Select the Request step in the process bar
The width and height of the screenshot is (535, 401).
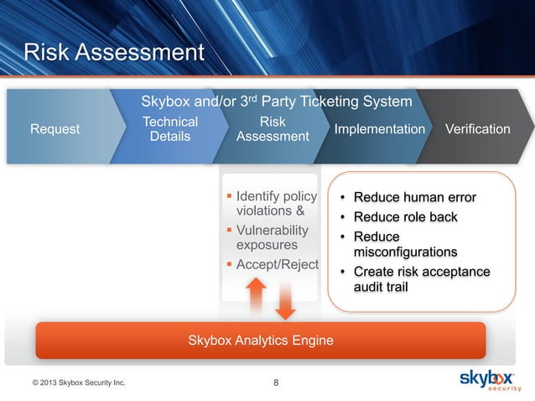click(x=55, y=129)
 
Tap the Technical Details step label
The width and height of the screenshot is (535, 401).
click(x=170, y=129)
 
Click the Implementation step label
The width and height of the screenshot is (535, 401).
click(x=380, y=129)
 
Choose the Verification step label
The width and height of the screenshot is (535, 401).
click(x=478, y=129)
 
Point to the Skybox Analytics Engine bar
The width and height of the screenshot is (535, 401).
click(x=260, y=341)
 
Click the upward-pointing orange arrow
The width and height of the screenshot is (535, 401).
click(x=257, y=294)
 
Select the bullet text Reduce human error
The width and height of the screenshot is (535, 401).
click(x=414, y=198)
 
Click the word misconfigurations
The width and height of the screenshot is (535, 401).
click(x=405, y=252)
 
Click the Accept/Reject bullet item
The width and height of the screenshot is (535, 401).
click(x=277, y=265)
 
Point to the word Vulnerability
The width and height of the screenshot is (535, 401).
click(x=273, y=231)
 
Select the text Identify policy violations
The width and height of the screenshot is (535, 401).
click(x=276, y=204)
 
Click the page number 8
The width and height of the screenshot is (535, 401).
click(x=278, y=384)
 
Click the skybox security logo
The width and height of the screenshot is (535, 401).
click(x=491, y=381)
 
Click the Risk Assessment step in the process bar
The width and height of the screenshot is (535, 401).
click(x=273, y=129)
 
